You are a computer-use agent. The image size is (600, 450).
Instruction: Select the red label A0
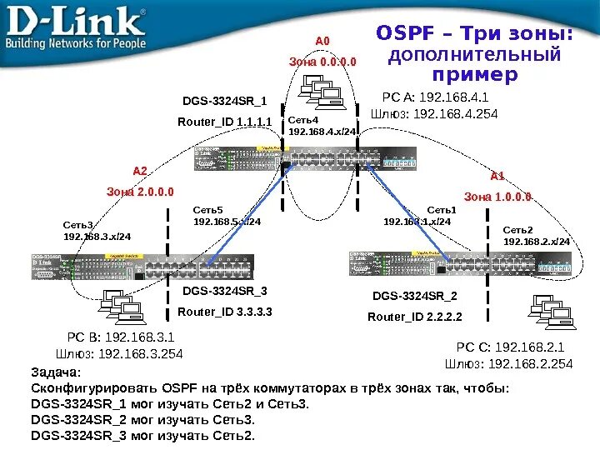[322, 40]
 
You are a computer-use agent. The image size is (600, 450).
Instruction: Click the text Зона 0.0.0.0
[322, 61]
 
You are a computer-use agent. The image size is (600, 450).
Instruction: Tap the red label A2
[140, 171]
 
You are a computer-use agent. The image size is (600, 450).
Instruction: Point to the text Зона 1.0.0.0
[497, 197]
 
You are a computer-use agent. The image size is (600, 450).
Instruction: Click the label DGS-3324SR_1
[225, 102]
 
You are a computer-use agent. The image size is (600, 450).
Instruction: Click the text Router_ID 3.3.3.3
[225, 312]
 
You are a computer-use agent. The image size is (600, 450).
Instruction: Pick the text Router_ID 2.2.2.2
[414, 317]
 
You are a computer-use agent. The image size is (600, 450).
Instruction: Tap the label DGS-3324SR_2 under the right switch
[414, 296]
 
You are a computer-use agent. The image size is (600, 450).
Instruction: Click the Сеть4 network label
[303, 121]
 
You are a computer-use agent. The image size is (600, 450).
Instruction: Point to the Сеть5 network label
[208, 211]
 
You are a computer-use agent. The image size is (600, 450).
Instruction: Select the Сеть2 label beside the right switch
[517, 229]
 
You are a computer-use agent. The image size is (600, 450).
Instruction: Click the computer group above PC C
[546, 313]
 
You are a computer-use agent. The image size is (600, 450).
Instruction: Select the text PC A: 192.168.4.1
[434, 97]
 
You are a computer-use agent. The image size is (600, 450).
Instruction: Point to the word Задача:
[56, 372]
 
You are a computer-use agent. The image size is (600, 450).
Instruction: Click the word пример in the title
[475, 75]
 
